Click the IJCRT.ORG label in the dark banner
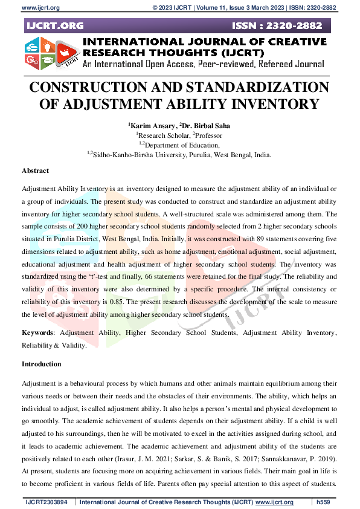click(x=55, y=27)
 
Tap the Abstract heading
click(x=35, y=171)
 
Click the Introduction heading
click(x=41, y=364)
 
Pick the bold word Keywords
click(x=37, y=333)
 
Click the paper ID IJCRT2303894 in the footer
click(x=50, y=502)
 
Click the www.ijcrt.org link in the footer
click(x=275, y=502)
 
